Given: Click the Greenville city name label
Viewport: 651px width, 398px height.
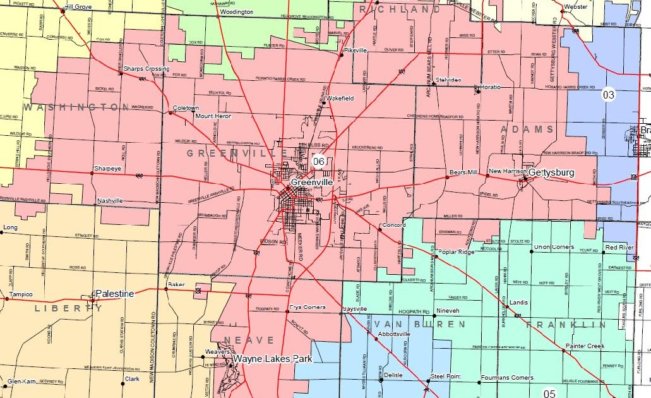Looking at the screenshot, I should click(x=312, y=182).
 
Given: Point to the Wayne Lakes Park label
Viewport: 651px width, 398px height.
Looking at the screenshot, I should click(x=272, y=359).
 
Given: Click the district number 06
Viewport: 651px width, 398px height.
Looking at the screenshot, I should click(x=319, y=162).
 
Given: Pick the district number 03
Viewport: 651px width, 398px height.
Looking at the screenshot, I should click(x=608, y=95).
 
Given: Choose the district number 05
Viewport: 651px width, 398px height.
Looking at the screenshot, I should click(x=549, y=394).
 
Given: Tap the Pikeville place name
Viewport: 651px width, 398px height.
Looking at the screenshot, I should click(x=355, y=50).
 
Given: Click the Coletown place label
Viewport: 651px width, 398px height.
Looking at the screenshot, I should click(x=186, y=108).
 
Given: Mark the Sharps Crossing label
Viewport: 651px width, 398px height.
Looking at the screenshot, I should click(x=146, y=68).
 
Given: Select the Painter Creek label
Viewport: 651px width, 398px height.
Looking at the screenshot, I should click(x=585, y=346).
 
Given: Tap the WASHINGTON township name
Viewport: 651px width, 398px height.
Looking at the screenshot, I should click(x=76, y=107).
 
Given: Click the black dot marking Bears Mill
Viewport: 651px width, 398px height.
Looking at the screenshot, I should click(x=447, y=177).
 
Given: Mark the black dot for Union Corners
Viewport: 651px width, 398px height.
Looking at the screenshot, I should click(x=532, y=251).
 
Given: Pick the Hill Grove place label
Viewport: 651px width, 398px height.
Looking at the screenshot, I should click(x=78, y=6).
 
